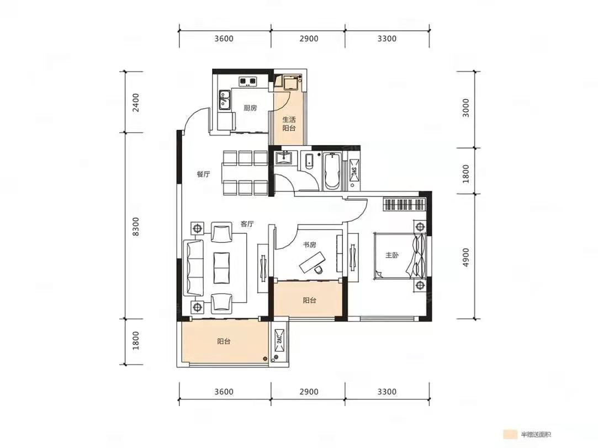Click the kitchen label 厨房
coord(250,108)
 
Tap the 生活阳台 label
coord(289,124)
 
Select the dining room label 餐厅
coord(203,174)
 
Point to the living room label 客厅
coord(247,224)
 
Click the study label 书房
coord(309,244)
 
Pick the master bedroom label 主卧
coord(391,255)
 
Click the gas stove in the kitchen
coord(248,82)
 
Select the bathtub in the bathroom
coord(332,171)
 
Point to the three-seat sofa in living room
coord(193,268)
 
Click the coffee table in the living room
coord(221,268)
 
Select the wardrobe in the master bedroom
coord(404,204)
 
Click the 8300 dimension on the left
coord(136,226)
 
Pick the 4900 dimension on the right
coord(465,257)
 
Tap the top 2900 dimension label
coord(309,39)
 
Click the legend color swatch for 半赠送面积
coord(510,434)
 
